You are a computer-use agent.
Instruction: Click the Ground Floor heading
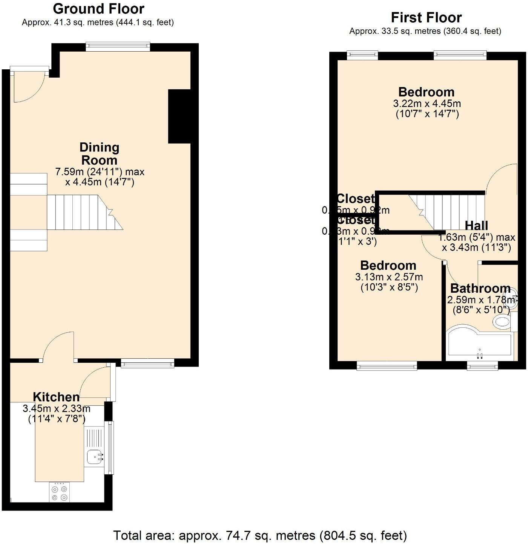pyautogui.click(x=98, y=9)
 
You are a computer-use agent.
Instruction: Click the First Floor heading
pyautogui.click(x=426, y=17)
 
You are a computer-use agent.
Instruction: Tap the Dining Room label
pyautogui.click(x=99, y=153)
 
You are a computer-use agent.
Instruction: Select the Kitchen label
pyautogui.click(x=56, y=397)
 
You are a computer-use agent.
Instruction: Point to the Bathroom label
pyautogui.click(x=480, y=288)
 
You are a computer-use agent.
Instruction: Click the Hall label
pyautogui.click(x=476, y=225)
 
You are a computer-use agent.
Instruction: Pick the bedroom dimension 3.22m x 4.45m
pyautogui.click(x=427, y=103)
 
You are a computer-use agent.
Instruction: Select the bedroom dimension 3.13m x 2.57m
pyautogui.click(x=389, y=277)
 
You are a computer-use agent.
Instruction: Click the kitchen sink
pyautogui.click(x=94, y=457)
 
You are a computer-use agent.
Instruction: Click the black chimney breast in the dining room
pyautogui.click(x=179, y=116)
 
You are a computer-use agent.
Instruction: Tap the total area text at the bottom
pyautogui.click(x=260, y=535)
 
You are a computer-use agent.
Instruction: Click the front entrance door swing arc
pyautogui.click(x=28, y=89)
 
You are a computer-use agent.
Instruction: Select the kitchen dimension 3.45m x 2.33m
pyautogui.click(x=57, y=408)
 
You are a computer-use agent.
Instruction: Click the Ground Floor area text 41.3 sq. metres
pyautogui.click(x=98, y=22)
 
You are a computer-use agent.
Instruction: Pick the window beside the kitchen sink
pyautogui.click(x=110, y=448)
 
